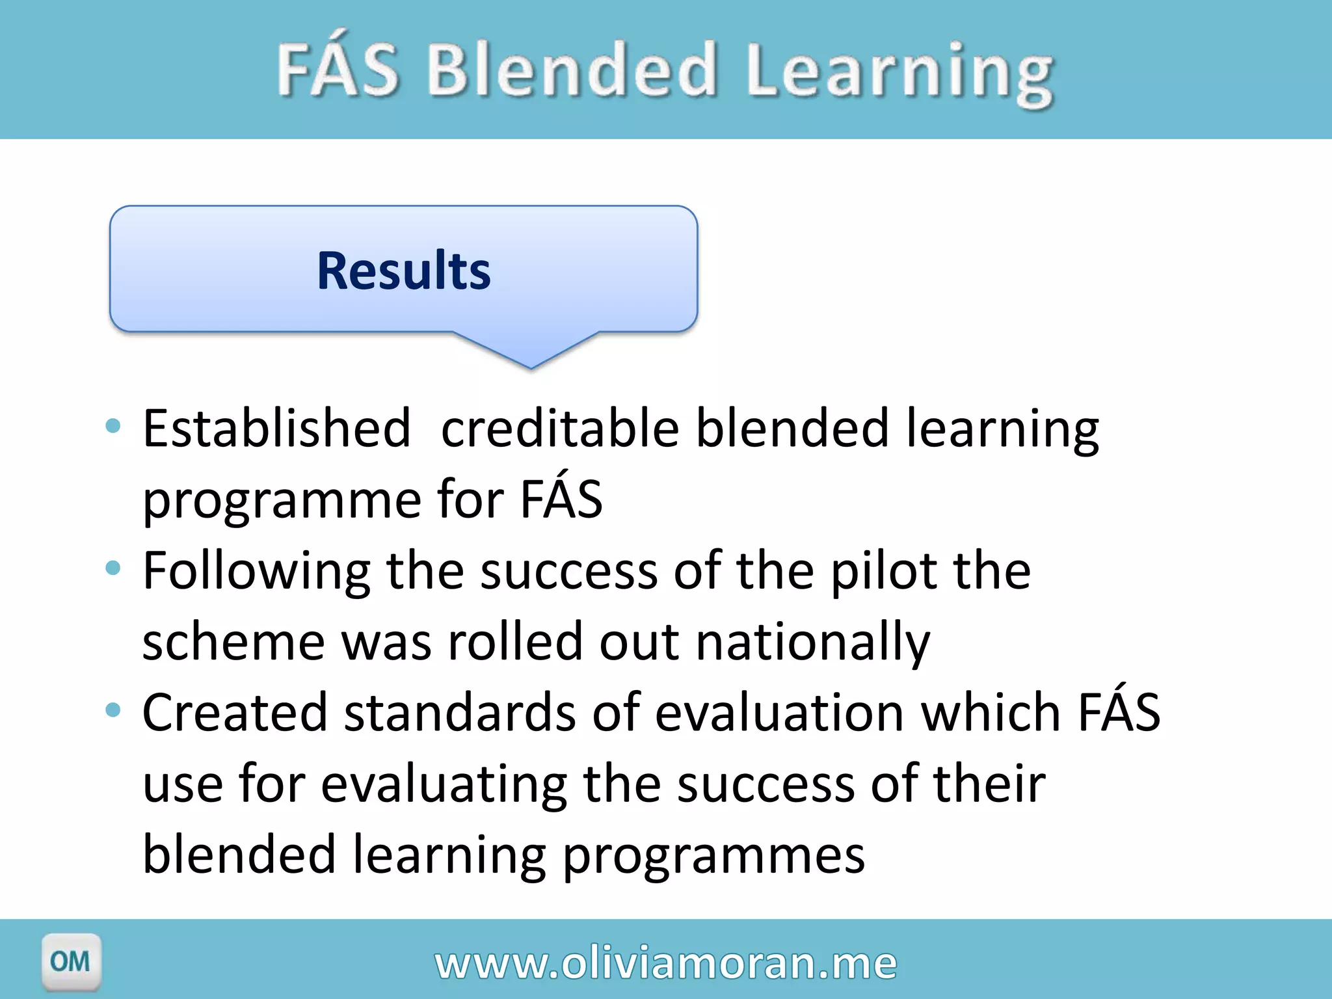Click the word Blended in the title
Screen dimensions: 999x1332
click(x=572, y=70)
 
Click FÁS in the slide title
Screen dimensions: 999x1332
click(x=338, y=68)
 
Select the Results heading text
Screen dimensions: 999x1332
click(x=404, y=271)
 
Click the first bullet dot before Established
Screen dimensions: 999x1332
click(x=113, y=427)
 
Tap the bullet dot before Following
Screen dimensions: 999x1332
click(x=113, y=568)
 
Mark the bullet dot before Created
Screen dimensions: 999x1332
click(x=113, y=710)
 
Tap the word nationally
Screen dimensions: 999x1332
click(x=813, y=642)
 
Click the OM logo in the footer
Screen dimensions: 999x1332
click(x=71, y=961)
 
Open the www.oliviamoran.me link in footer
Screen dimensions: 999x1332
click(x=666, y=963)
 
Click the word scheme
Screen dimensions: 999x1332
click(x=233, y=642)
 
